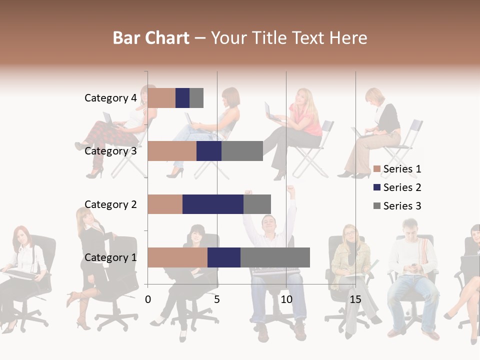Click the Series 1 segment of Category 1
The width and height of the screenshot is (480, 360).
(x=177, y=257)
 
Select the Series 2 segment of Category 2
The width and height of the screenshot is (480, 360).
(x=212, y=204)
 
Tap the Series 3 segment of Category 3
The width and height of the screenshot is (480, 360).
(x=242, y=151)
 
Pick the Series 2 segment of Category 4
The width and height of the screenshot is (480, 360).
(x=182, y=98)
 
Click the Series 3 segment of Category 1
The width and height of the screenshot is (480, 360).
(x=275, y=257)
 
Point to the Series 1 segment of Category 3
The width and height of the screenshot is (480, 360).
(x=171, y=151)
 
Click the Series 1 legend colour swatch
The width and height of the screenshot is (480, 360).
(x=377, y=169)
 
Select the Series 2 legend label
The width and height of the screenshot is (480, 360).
(x=402, y=187)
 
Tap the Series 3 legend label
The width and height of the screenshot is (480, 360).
(x=402, y=206)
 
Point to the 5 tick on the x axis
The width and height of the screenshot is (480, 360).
(x=217, y=299)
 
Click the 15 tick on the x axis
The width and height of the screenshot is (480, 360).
(x=355, y=299)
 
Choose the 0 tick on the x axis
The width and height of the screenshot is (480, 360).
(x=148, y=299)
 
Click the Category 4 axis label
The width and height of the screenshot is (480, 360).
(x=110, y=98)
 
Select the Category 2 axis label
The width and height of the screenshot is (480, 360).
(x=110, y=204)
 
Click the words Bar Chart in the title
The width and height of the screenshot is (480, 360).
(x=151, y=38)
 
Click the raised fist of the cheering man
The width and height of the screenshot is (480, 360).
(x=290, y=189)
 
